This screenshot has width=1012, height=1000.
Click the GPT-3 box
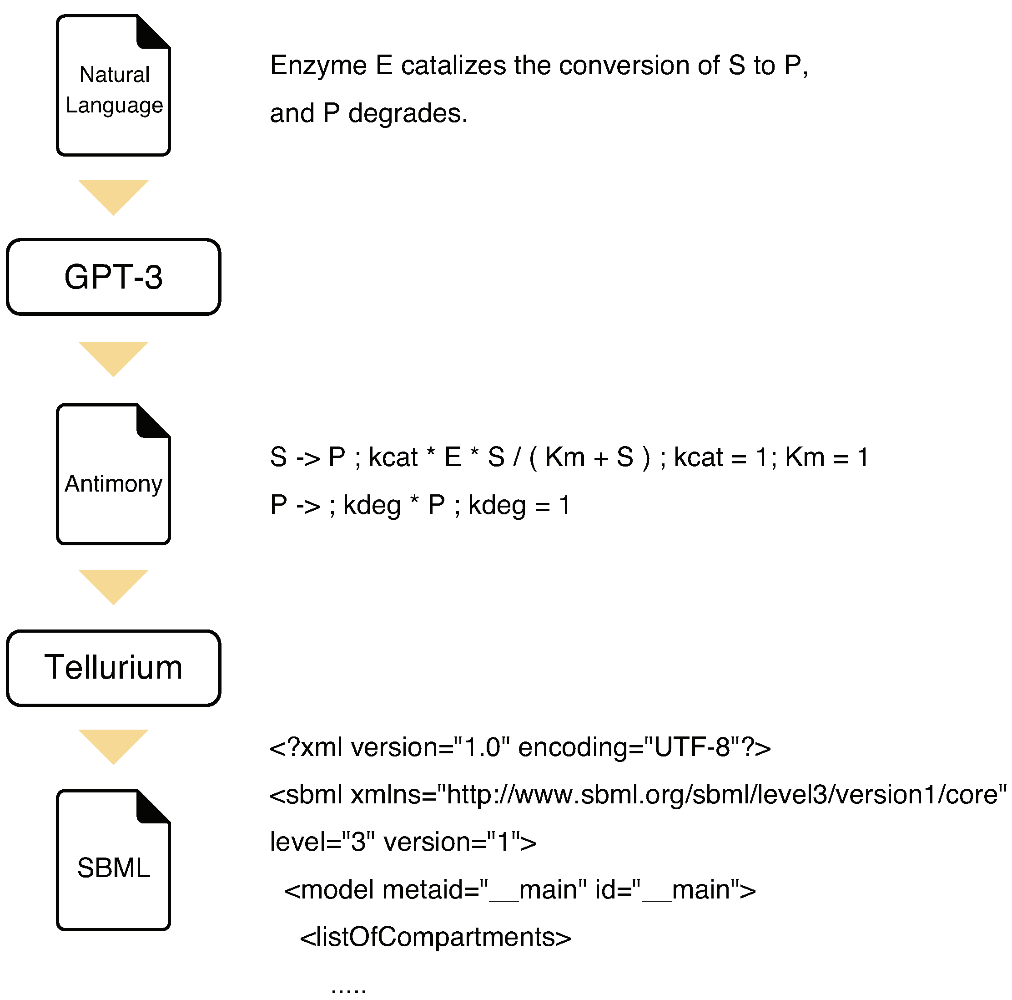(113, 277)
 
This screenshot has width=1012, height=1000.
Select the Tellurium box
(113, 668)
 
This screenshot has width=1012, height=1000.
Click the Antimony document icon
(113, 475)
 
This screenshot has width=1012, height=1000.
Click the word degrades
(408, 114)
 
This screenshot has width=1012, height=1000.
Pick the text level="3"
(322, 842)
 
